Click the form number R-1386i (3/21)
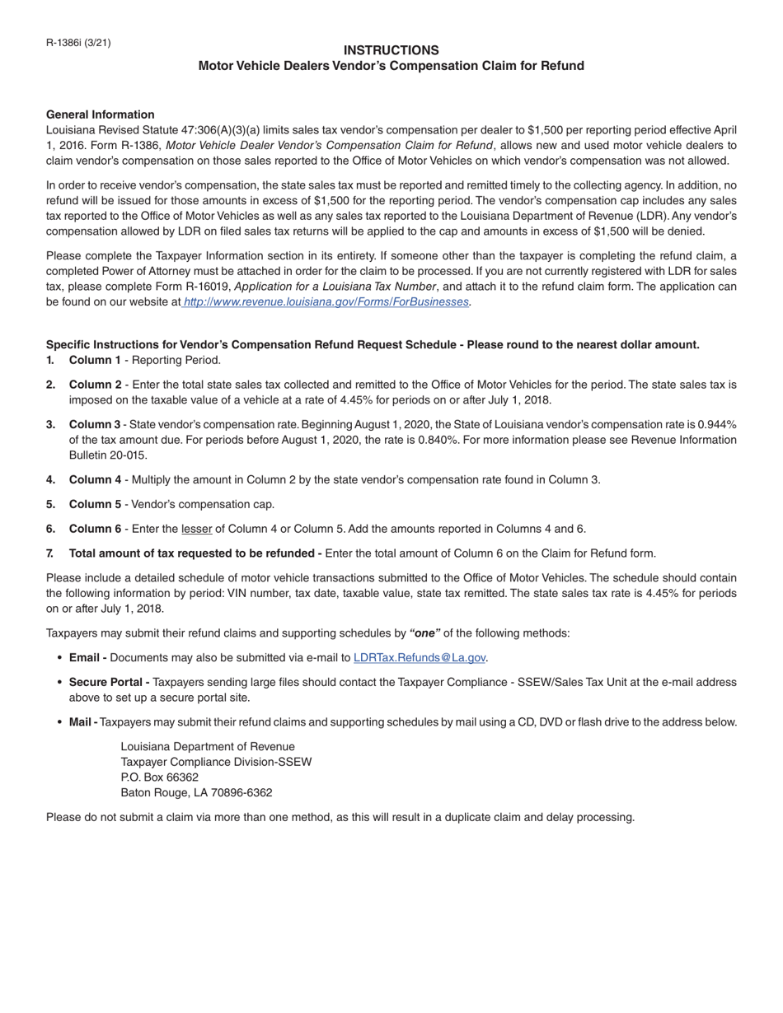(78, 43)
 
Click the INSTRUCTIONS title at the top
(391, 50)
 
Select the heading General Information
(100, 114)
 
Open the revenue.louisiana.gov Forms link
(326, 302)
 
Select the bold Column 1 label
(95, 360)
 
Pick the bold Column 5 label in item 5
(95, 504)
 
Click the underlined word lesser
(196, 529)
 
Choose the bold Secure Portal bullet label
(109, 682)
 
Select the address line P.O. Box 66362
(160, 777)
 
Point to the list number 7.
(51, 553)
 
